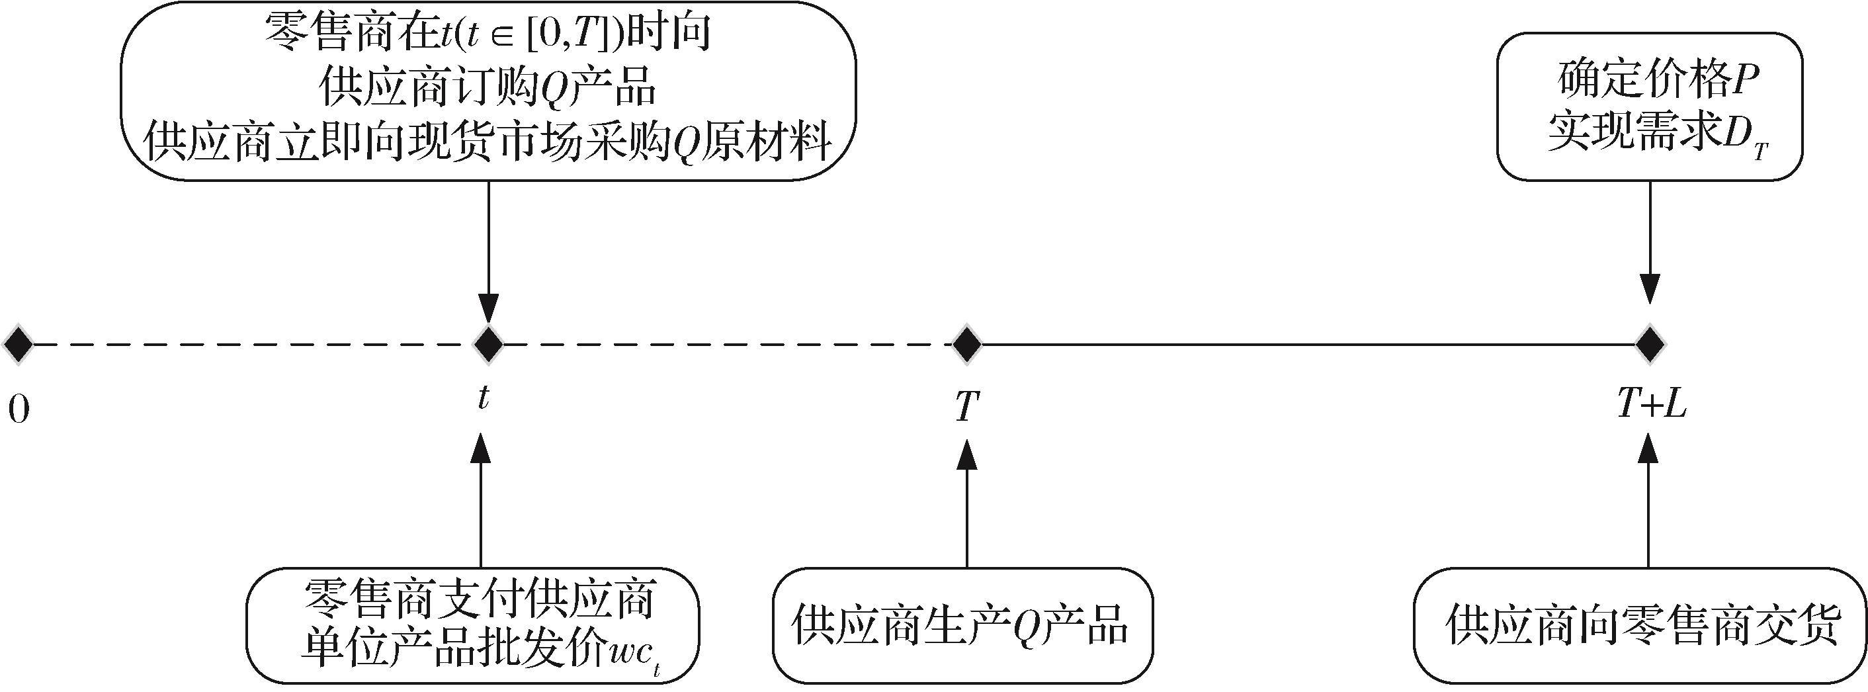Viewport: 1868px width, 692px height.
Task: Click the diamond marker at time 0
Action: (18, 344)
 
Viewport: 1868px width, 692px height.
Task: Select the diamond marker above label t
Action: (489, 344)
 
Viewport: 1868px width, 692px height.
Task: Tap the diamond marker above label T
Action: (966, 344)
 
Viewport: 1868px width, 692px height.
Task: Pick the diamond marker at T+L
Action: (1650, 344)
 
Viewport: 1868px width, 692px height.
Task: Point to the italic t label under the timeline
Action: (483, 398)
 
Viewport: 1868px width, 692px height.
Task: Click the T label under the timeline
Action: (966, 406)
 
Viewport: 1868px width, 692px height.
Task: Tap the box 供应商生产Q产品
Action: (963, 626)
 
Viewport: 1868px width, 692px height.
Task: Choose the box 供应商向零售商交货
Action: (1640, 626)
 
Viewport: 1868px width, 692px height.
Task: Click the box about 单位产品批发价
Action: (473, 626)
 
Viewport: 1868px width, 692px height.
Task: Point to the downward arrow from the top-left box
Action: (489, 251)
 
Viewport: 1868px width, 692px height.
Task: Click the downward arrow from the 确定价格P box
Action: (1650, 242)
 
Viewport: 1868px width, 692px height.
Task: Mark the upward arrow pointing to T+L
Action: (1649, 501)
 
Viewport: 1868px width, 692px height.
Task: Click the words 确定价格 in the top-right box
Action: (1641, 81)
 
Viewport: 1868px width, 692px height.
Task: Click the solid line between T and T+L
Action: (1308, 344)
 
